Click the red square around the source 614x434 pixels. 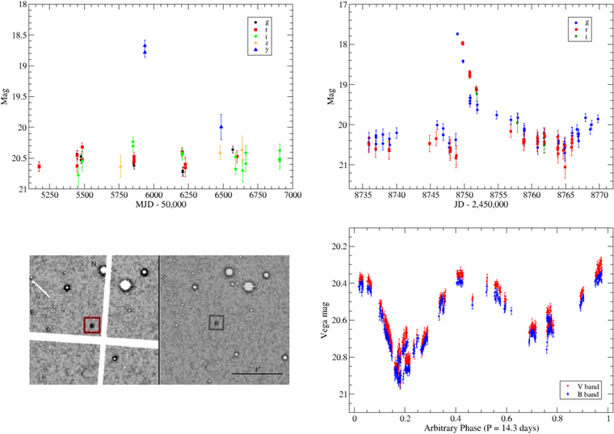tap(91, 325)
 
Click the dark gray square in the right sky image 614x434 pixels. tap(216, 322)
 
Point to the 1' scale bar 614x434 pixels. tap(257, 373)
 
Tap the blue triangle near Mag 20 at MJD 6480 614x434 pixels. tap(221, 126)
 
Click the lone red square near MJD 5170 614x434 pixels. tap(39, 166)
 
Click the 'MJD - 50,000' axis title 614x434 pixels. tap(161, 205)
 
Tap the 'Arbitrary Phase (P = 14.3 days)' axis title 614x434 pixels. tap(479, 427)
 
